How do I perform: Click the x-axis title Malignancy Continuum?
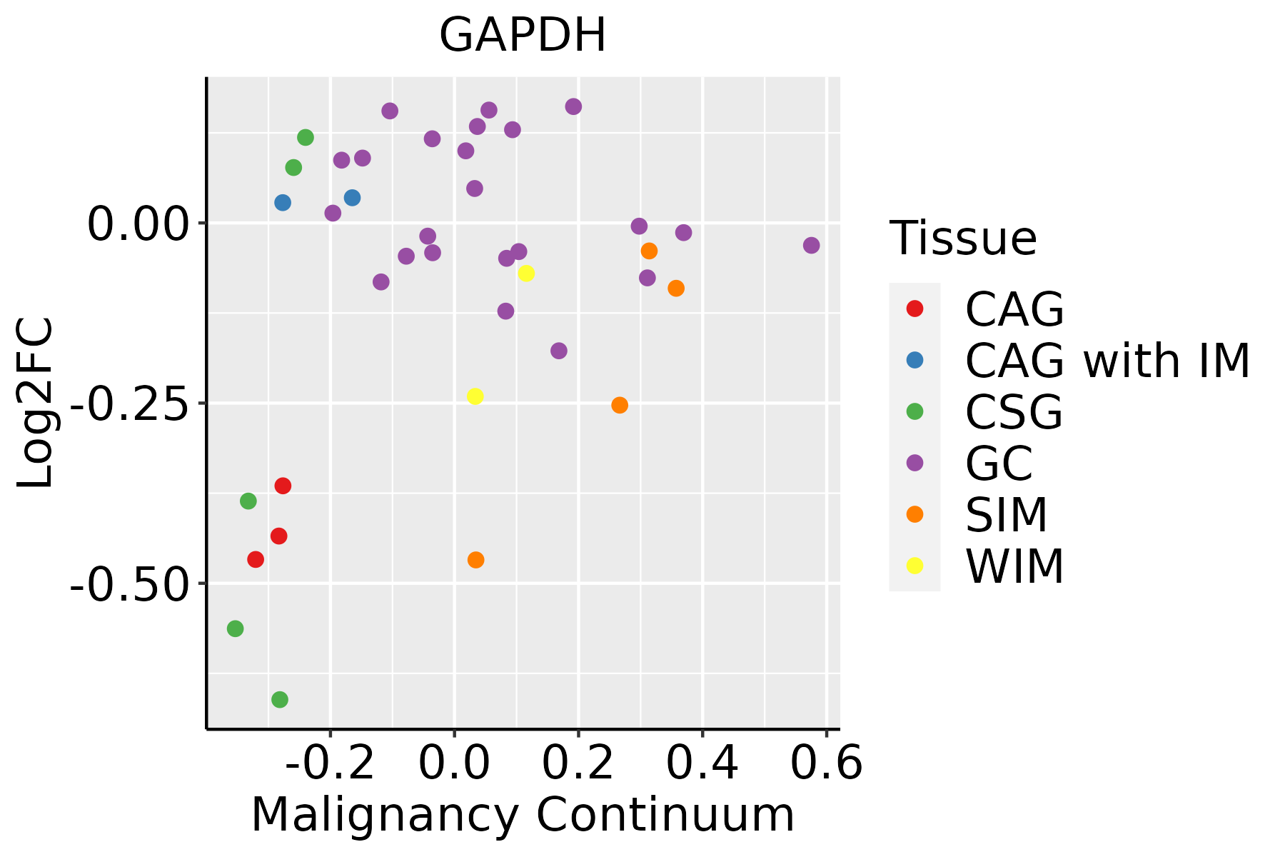[x=523, y=815]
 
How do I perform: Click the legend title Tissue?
[x=963, y=238]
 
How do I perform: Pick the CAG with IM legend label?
[x=1107, y=361]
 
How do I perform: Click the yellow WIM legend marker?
[x=914, y=566]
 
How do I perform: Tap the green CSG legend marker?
[x=914, y=411]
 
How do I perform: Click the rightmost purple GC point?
[x=811, y=246]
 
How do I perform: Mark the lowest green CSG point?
[x=280, y=699]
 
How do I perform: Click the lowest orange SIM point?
[x=475, y=560]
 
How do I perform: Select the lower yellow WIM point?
[x=475, y=396]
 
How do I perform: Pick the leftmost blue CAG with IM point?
[x=283, y=203]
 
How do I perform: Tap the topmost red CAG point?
[x=283, y=486]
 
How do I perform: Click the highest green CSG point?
[x=306, y=138]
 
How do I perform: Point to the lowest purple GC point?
[x=559, y=351]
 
